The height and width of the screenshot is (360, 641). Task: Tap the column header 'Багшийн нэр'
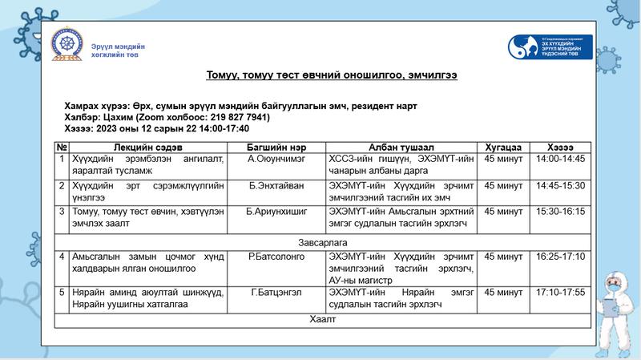pos(275,148)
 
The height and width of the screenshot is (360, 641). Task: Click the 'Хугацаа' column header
pos(503,148)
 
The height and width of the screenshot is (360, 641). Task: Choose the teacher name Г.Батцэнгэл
pos(275,293)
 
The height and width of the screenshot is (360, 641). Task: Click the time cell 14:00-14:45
pos(561,159)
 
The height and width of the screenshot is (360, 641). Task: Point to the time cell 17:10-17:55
pos(561,293)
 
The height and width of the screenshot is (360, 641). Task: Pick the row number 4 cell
pos(62,257)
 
